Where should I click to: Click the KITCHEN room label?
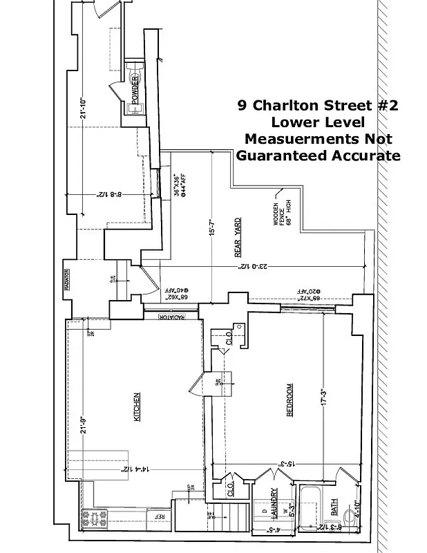[137, 408]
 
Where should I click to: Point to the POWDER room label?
[134, 90]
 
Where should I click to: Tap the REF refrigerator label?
[159, 516]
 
